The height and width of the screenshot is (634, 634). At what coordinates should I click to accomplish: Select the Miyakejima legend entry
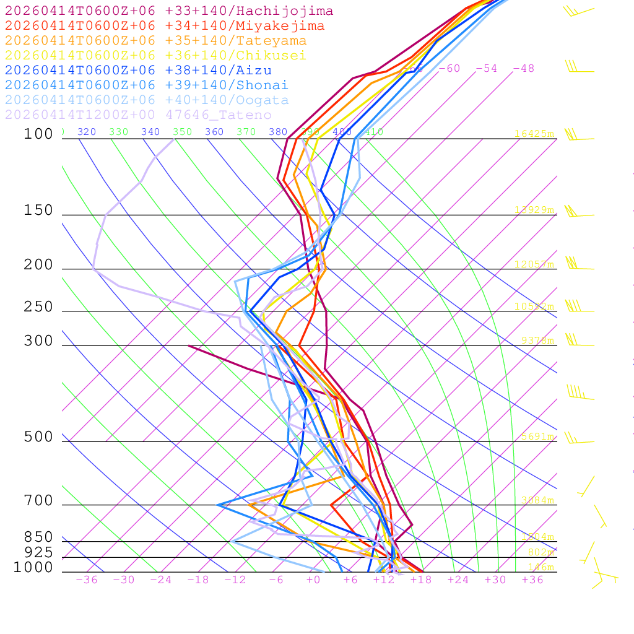point(164,26)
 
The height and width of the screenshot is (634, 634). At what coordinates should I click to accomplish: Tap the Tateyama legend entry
point(155,41)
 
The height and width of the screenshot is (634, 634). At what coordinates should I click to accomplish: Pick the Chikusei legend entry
point(155,56)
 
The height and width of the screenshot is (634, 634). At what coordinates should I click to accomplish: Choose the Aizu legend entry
point(138,71)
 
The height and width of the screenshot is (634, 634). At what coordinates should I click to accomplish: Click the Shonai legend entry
point(146,85)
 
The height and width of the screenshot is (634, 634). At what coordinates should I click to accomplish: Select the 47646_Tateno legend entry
point(138,115)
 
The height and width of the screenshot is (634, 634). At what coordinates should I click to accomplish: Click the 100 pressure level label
point(38,134)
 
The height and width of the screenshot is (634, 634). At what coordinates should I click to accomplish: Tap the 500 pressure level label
point(38,437)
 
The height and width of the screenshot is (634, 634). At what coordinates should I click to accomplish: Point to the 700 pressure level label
point(38,501)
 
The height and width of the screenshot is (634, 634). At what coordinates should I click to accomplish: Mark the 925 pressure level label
point(38,552)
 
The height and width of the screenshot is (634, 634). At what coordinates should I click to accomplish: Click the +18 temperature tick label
point(421,580)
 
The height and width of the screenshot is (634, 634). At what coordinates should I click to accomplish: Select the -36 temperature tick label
point(87,580)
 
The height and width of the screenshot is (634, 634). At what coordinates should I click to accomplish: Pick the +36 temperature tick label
point(532,580)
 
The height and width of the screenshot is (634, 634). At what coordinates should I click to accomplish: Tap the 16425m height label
point(534,134)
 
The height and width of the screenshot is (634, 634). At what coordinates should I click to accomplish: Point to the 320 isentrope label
point(86,132)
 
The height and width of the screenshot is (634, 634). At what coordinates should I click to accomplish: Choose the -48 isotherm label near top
point(523,68)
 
